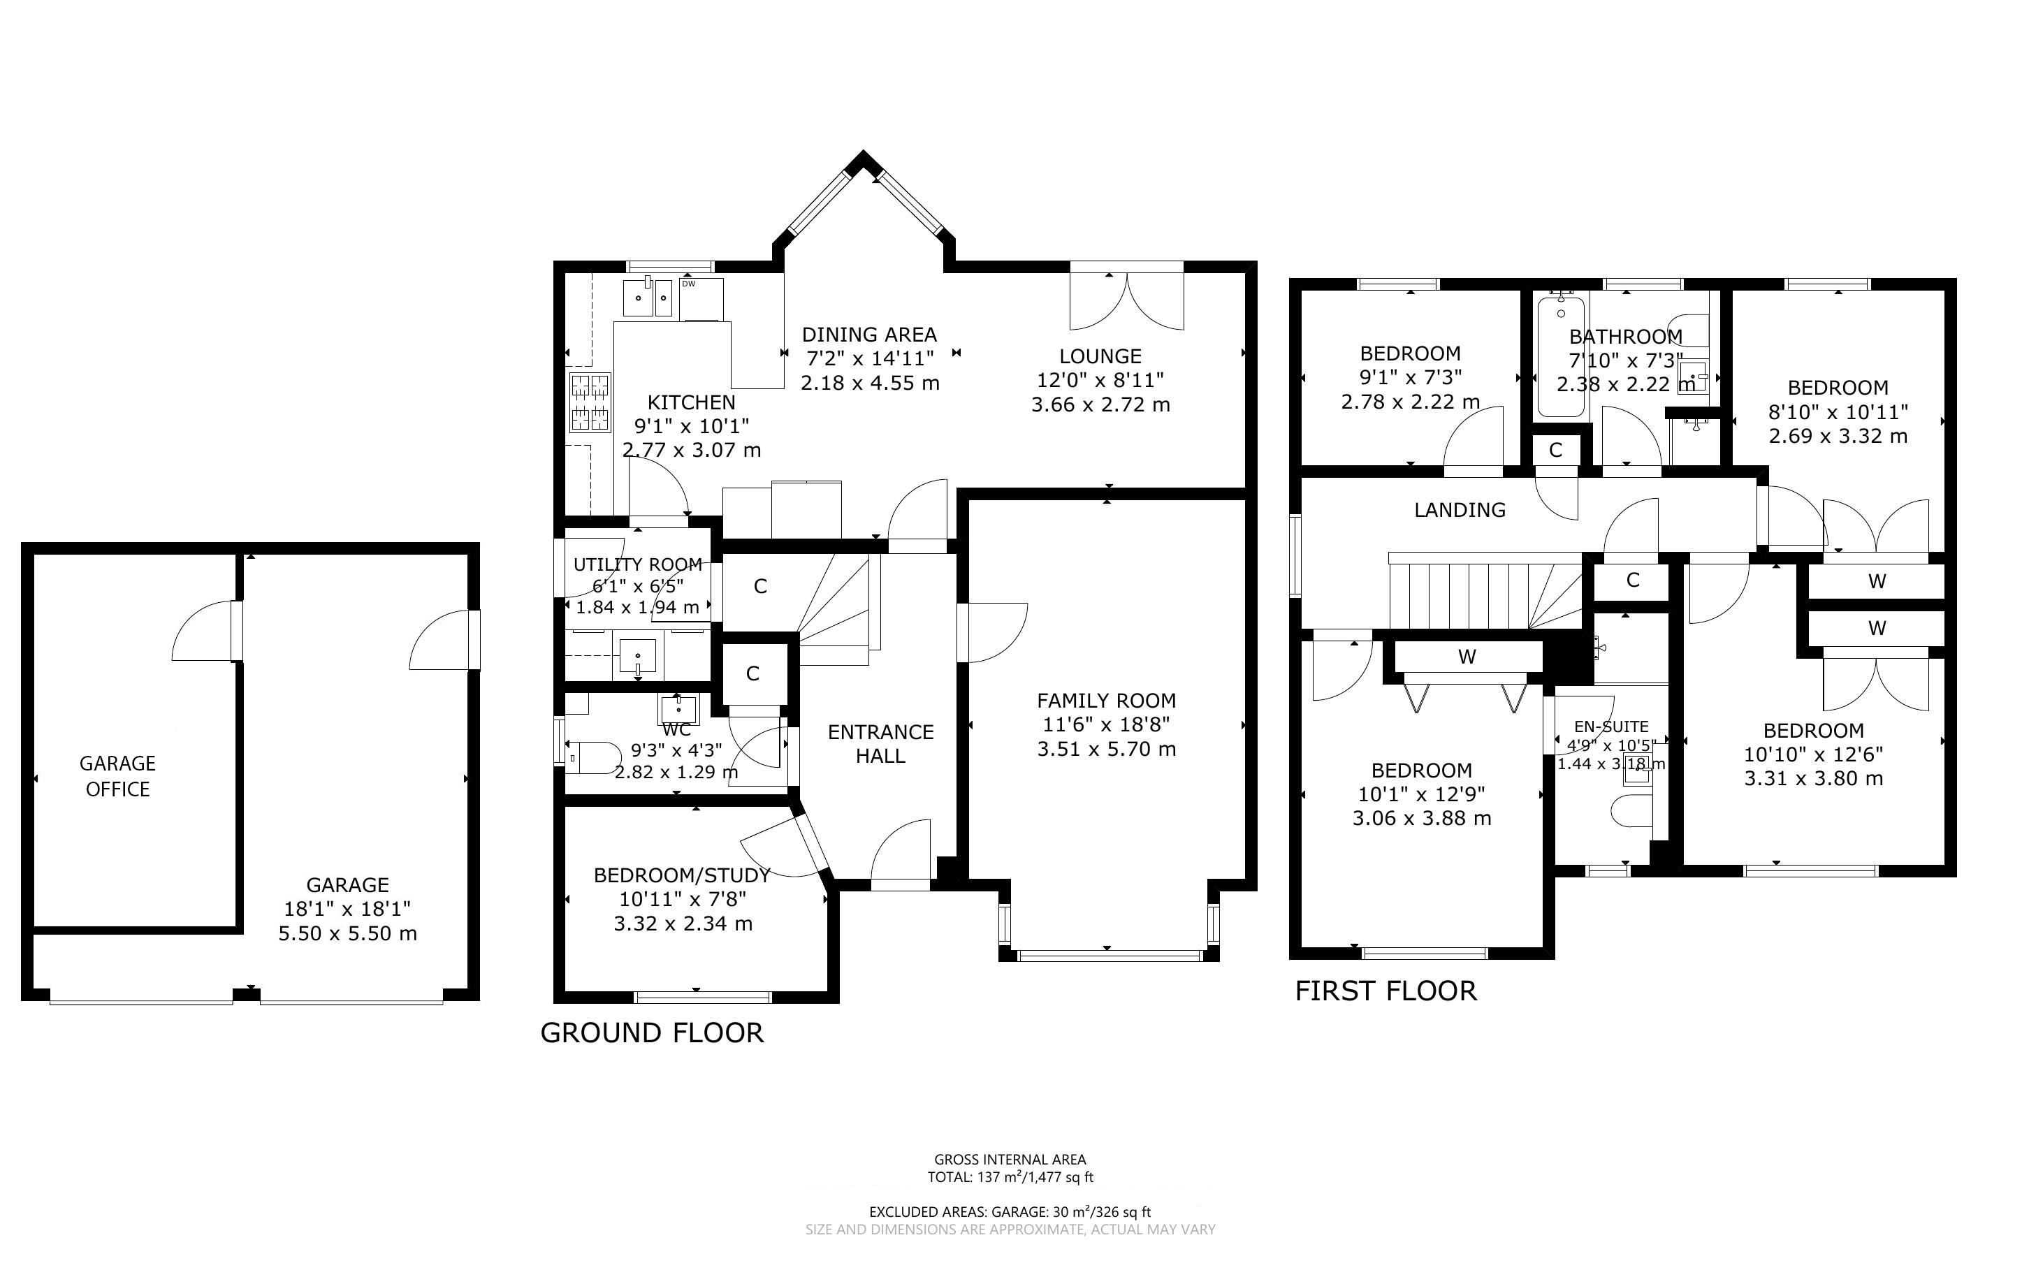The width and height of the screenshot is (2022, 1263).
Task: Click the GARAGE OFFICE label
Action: coord(118,776)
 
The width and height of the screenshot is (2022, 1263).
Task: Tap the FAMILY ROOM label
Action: coord(1107,701)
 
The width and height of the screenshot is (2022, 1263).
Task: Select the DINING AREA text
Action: coord(869,335)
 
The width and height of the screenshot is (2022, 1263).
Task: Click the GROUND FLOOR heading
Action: coord(653,1033)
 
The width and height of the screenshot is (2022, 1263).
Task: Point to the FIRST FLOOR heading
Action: coord(1385,991)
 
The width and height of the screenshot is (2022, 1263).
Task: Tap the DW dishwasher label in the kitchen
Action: coord(688,284)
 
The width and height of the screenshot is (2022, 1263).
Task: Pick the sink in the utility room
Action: coord(638,656)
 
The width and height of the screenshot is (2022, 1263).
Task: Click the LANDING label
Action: coord(1460,509)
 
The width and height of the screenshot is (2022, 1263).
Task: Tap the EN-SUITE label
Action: coord(1611,727)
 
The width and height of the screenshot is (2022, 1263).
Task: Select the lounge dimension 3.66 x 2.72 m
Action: coord(1101,405)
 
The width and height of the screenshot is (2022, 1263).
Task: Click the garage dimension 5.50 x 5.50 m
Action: coord(347,934)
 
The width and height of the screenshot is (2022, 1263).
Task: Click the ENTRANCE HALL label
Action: coord(881,744)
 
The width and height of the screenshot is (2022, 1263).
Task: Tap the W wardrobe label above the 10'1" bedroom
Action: coord(1467,657)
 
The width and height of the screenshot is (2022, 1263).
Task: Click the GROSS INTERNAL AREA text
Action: coord(1010,1160)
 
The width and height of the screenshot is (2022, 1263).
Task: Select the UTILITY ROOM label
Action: coord(638,564)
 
